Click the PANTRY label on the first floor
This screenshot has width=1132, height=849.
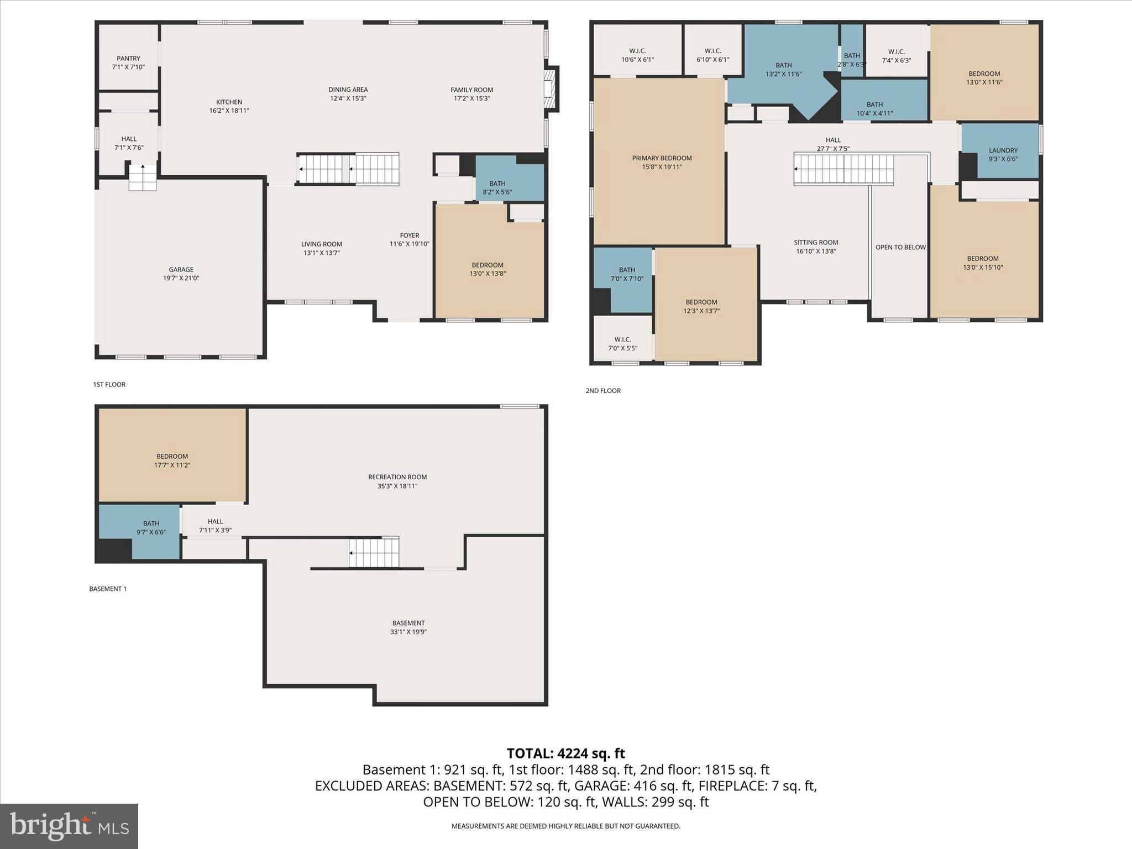(128, 58)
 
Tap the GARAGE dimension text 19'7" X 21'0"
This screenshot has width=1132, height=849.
(181, 279)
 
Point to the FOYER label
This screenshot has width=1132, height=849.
(409, 235)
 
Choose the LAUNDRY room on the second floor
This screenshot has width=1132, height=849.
(1003, 154)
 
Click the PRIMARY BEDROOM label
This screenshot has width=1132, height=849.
(662, 158)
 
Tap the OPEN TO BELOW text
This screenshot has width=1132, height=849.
(900, 247)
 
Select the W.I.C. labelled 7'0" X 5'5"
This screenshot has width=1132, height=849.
(622, 343)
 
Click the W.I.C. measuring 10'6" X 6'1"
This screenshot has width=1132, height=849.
(637, 55)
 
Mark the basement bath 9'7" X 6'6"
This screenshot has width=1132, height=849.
(151, 527)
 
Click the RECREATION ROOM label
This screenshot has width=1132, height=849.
(397, 477)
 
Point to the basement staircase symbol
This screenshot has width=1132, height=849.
(374, 552)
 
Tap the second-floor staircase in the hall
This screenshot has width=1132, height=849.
(843, 169)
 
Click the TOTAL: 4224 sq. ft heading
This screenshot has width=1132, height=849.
(565, 753)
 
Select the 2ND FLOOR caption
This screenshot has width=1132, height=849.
(603, 391)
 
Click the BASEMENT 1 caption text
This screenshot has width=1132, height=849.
(108, 589)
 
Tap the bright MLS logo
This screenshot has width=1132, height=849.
(69, 826)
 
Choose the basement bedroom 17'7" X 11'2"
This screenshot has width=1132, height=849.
(172, 460)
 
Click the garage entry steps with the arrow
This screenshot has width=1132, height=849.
(143, 177)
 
